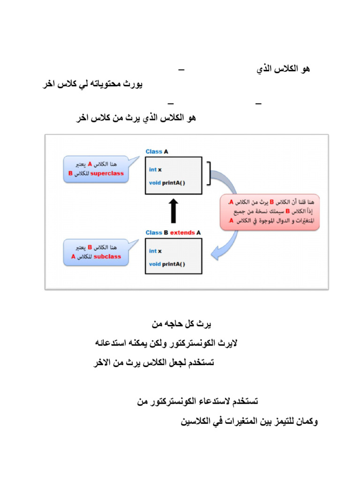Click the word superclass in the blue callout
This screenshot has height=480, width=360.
click(x=107, y=173)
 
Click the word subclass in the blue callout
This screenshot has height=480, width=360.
click(x=107, y=257)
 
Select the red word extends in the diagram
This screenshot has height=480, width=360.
click(x=182, y=232)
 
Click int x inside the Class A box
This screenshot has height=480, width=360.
click(x=155, y=170)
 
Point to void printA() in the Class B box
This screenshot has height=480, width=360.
click(x=167, y=264)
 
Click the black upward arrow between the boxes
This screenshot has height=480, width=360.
click(x=173, y=210)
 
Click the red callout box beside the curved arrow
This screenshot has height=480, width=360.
click(x=270, y=212)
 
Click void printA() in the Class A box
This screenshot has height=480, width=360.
click(x=167, y=183)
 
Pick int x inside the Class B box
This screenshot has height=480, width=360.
click(x=155, y=251)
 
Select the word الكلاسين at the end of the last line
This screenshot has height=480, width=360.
click(x=196, y=422)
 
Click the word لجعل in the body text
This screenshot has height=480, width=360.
click(x=173, y=363)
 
